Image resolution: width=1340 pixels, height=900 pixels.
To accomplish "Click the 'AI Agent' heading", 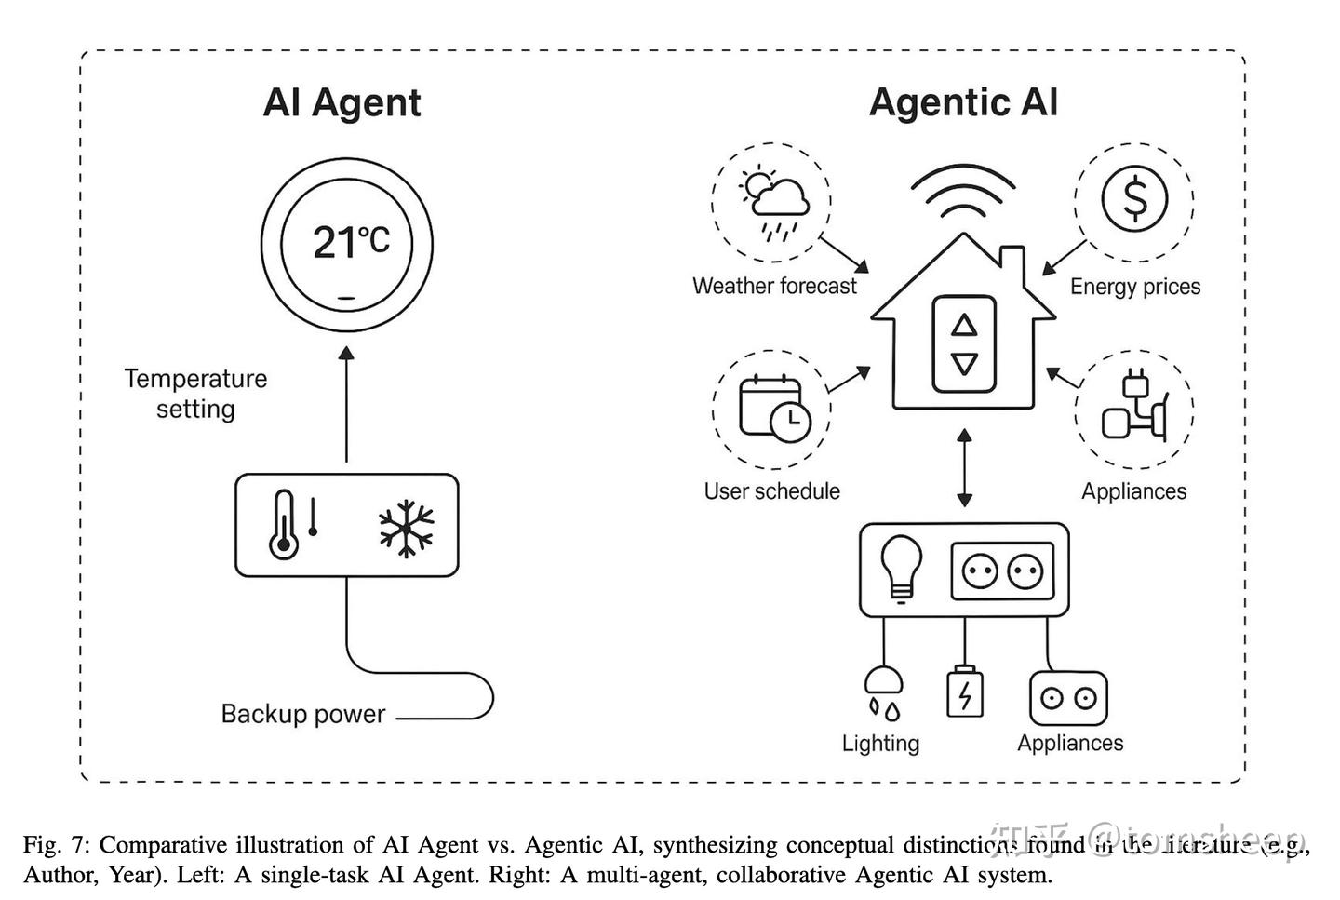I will tap(342, 102).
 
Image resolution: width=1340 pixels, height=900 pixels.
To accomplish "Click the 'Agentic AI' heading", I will tap(963, 102).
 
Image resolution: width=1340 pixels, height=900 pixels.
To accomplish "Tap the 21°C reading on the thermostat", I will tap(349, 242).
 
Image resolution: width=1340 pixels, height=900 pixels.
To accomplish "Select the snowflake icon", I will tap(407, 528).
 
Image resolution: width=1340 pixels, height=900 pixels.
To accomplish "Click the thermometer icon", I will tap(284, 526).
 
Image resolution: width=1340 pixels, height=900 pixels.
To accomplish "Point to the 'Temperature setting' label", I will tap(195, 394).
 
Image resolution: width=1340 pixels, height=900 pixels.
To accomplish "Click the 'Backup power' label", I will tap(302, 714).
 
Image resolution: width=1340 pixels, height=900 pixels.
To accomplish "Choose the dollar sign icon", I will tap(1134, 198).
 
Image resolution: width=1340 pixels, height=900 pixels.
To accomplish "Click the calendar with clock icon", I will tap(773, 408).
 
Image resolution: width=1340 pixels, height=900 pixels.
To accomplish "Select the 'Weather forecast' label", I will tap(774, 287).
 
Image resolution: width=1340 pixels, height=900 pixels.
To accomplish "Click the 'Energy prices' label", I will tap(1134, 287).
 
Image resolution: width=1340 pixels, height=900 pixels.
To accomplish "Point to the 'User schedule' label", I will tap(771, 491).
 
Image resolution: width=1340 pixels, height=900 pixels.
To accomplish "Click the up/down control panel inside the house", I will tap(965, 344).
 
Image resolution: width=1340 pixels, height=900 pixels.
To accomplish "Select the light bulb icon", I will tap(900, 569).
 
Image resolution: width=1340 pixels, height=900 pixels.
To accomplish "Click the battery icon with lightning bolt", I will tap(964, 692).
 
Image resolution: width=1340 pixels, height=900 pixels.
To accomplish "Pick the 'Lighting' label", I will tap(880, 743).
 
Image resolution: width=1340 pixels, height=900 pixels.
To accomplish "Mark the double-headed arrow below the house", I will tap(964, 467).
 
